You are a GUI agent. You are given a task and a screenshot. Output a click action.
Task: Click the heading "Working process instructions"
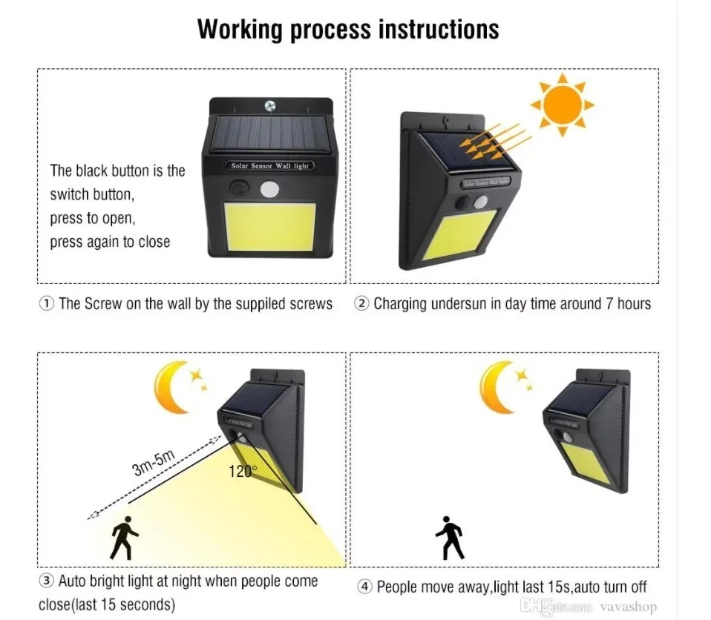[x=348, y=30]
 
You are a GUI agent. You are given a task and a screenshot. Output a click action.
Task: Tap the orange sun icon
[x=562, y=105]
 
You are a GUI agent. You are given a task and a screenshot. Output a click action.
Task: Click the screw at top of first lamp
[x=270, y=106]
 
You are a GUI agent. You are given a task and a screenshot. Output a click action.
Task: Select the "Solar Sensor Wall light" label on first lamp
[x=270, y=166]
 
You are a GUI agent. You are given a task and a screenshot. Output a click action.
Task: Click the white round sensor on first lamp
[x=270, y=189]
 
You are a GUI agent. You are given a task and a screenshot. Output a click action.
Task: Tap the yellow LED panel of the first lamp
[x=270, y=227]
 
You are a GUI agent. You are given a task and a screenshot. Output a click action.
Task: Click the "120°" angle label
[x=243, y=472]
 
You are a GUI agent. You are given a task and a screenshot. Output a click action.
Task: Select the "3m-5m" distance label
[x=154, y=463]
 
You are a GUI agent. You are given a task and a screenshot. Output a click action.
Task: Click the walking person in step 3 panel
[x=123, y=538]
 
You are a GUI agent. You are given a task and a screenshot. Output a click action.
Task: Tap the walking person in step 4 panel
[x=449, y=538]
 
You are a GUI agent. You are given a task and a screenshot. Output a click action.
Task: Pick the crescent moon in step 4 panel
[x=496, y=386]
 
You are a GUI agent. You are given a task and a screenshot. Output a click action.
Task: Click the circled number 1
[x=47, y=303]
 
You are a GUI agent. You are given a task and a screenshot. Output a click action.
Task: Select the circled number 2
[x=361, y=303]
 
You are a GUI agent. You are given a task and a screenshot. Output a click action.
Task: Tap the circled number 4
[x=364, y=587]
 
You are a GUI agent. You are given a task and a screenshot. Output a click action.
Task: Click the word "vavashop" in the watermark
[x=628, y=607]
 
